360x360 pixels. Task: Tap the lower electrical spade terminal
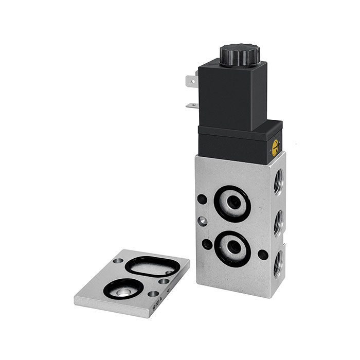tap(192, 106)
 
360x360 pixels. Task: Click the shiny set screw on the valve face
tap(205, 221)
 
